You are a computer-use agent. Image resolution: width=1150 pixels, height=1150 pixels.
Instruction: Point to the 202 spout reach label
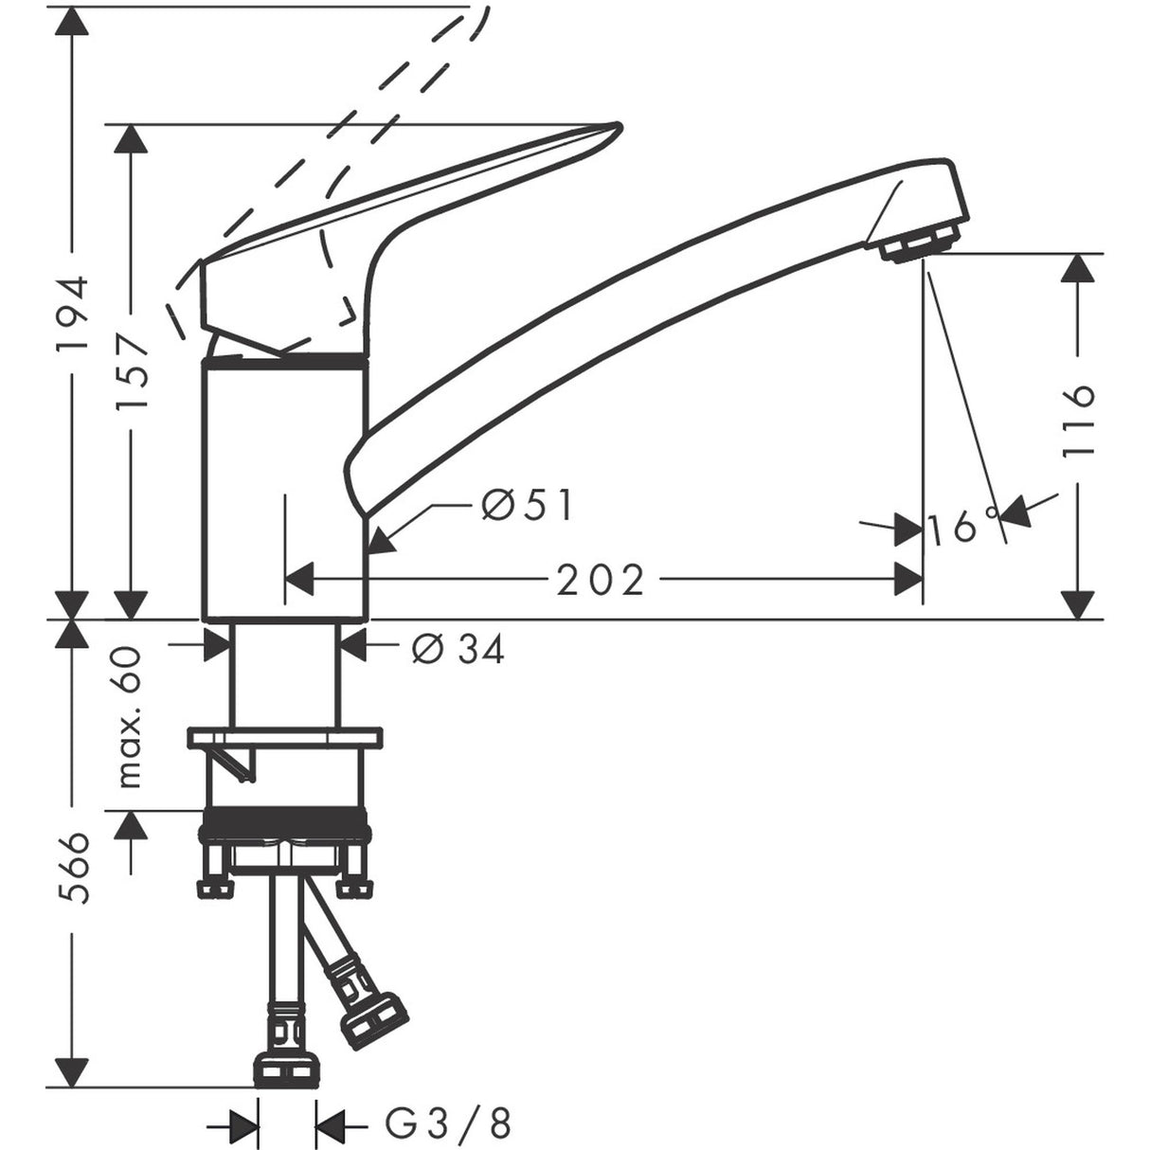pyautogui.click(x=600, y=579)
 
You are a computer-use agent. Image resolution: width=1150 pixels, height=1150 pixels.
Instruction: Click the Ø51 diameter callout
pyautogui.click(x=527, y=507)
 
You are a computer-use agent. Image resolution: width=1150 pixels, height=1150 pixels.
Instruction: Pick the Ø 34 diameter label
pyautogui.click(x=458, y=649)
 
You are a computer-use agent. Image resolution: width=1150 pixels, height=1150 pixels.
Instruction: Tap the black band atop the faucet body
pyautogui.click(x=285, y=358)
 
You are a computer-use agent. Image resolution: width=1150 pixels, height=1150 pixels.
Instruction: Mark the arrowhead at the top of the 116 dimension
pyautogui.click(x=1078, y=268)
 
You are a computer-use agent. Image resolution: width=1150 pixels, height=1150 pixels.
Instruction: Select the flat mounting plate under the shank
pyautogui.click(x=285, y=737)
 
